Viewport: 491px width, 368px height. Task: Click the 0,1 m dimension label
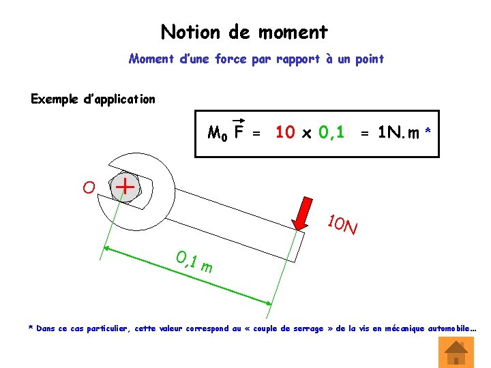194,262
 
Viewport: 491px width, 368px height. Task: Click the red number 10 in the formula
285,132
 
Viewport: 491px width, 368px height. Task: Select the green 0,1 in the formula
331,132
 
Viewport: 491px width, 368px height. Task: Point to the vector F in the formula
239,131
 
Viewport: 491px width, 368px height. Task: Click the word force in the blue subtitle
232,59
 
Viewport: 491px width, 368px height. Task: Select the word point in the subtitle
369,59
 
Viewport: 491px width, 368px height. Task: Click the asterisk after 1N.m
428,129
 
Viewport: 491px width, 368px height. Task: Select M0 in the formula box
218,133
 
